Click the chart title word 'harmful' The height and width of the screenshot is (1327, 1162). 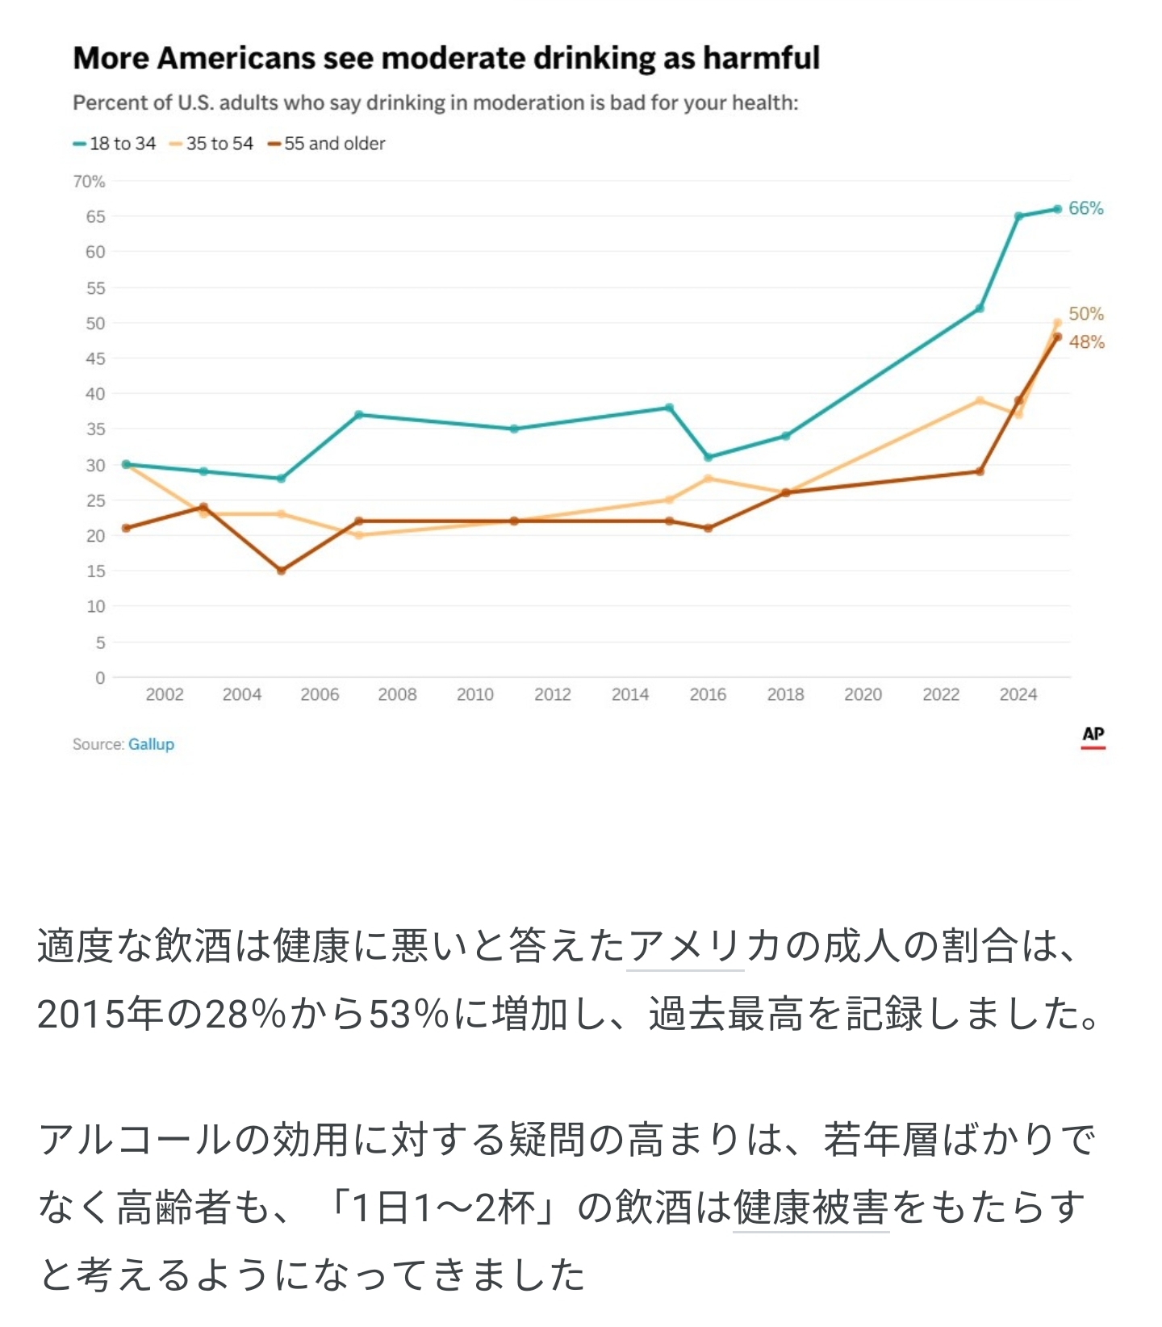click(761, 58)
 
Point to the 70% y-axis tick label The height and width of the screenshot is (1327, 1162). click(89, 182)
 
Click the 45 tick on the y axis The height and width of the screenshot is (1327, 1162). click(95, 358)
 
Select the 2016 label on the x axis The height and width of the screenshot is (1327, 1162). click(708, 694)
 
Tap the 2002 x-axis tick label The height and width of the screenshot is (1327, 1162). click(165, 694)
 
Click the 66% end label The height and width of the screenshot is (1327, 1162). click(1085, 208)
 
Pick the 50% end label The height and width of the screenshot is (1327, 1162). click(1085, 314)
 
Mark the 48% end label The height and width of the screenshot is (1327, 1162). click(1086, 342)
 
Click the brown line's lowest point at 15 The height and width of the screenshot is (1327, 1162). click(281, 571)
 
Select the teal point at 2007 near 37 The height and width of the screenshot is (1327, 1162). click(358, 415)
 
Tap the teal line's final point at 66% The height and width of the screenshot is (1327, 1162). click(1057, 209)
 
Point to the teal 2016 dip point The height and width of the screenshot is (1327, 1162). click(708, 458)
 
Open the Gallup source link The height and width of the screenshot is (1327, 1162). click(151, 744)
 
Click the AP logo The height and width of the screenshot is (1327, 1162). click(1093, 736)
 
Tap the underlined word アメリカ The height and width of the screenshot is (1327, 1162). click(684, 946)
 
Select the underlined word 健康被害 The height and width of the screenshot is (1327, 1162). click(810, 1208)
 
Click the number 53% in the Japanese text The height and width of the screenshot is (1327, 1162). click(408, 1014)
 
